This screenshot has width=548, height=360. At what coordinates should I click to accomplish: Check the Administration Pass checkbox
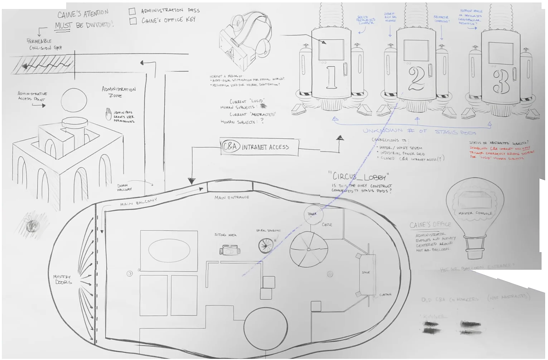click(x=132, y=11)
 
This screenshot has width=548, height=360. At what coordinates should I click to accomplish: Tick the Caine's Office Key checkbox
click(x=133, y=21)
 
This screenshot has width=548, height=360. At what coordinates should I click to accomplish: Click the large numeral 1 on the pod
click(x=331, y=77)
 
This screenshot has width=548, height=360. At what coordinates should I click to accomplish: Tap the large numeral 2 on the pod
click(x=416, y=79)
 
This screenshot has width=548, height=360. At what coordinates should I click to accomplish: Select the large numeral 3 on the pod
click(x=501, y=82)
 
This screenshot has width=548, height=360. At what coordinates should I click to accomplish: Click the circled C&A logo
click(x=230, y=147)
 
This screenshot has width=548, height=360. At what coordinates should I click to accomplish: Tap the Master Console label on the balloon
click(x=475, y=213)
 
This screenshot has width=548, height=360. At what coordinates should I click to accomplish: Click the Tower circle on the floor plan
click(x=313, y=214)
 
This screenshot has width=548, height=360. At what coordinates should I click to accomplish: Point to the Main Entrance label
click(x=232, y=197)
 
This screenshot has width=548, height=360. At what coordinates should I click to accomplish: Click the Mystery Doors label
click(x=62, y=279)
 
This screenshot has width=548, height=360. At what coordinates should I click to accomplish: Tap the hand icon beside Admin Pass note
click(x=108, y=114)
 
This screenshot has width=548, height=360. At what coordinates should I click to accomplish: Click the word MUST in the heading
click(x=64, y=26)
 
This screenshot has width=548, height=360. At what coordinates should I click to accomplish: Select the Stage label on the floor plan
click(x=365, y=273)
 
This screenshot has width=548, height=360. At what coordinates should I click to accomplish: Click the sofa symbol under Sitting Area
click(x=229, y=250)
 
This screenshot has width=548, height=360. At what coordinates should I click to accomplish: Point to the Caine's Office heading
click(x=430, y=225)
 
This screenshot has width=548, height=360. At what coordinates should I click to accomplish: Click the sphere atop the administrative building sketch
click(x=74, y=100)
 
